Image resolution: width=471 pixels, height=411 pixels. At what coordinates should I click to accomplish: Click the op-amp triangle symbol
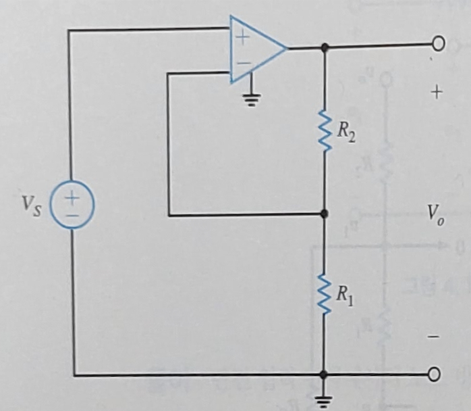click(x=255, y=49)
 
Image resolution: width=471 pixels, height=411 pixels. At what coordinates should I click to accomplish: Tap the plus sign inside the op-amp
click(x=241, y=36)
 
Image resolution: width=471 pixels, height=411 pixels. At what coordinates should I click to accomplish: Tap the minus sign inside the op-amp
click(x=241, y=64)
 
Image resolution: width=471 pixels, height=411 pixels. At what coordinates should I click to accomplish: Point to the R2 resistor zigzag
click(x=325, y=130)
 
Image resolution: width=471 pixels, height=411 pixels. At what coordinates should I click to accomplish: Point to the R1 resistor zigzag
click(x=325, y=294)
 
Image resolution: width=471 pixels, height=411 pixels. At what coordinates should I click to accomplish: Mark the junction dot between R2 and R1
click(x=325, y=214)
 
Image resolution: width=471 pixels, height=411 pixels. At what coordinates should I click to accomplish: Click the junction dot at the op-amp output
click(x=325, y=47)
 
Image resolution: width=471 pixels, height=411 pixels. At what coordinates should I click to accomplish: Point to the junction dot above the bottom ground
click(x=325, y=374)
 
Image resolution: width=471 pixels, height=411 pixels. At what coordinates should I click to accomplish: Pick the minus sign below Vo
click(x=435, y=335)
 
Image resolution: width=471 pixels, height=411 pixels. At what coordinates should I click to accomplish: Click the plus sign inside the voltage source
click(x=72, y=197)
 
